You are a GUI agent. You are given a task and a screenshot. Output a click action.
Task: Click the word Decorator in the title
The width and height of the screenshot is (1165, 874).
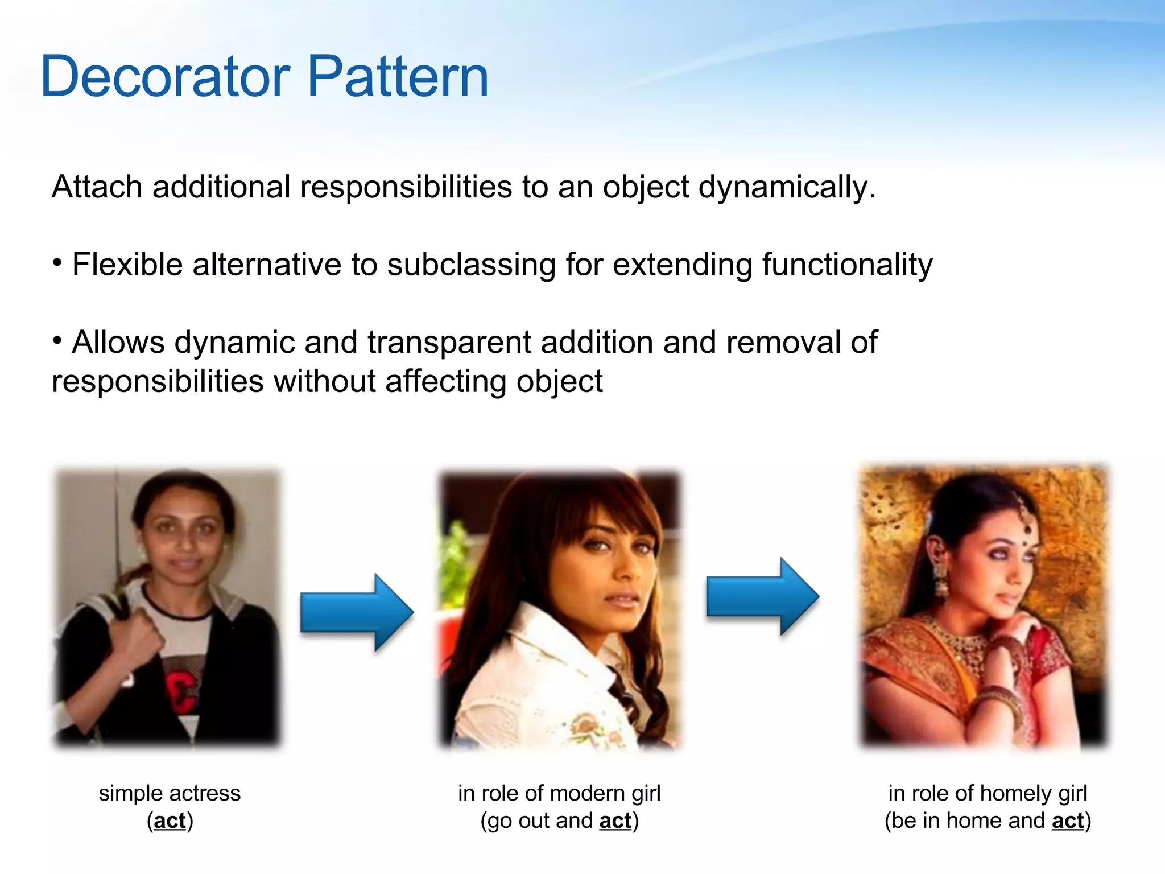(x=166, y=77)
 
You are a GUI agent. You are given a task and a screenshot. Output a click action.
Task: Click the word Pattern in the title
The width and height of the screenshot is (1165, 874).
(x=398, y=77)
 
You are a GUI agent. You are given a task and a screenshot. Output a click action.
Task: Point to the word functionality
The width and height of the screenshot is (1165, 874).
(x=847, y=265)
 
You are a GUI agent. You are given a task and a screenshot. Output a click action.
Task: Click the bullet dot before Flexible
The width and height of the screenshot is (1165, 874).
(x=57, y=263)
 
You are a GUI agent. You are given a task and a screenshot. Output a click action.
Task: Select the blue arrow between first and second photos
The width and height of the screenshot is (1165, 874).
(x=357, y=612)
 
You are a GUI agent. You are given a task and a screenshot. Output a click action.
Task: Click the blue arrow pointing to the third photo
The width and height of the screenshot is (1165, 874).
(x=762, y=596)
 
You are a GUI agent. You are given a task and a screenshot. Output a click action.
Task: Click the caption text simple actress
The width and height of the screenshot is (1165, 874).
(x=170, y=793)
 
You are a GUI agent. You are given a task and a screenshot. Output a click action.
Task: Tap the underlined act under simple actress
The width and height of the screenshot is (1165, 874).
(x=170, y=821)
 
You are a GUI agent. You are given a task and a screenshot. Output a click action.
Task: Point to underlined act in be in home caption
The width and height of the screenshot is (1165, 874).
(x=1067, y=821)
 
